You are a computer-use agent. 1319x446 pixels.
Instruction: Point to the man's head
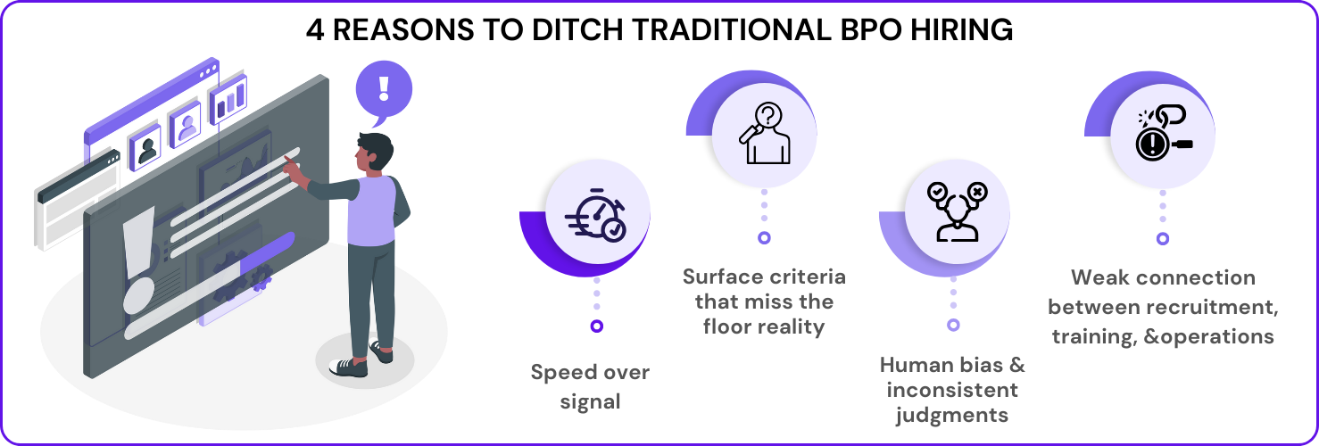coord(375,152)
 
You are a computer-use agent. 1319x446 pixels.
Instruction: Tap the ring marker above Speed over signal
coord(597,326)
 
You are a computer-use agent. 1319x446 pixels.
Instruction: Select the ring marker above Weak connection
coord(1162,238)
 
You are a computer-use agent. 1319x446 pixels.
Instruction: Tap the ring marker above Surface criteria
coord(764,238)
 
